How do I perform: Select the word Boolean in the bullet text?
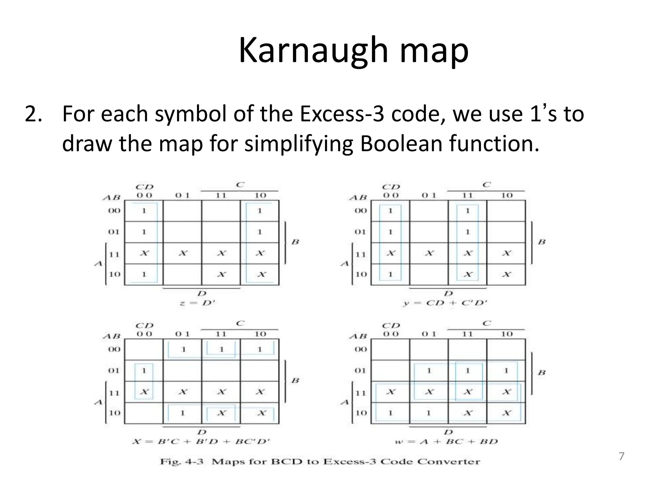point(401,143)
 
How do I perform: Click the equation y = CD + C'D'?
point(445,303)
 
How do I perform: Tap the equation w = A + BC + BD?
point(446,441)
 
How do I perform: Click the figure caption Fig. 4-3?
point(182,462)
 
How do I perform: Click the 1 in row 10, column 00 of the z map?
point(144,274)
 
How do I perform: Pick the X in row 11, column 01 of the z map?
point(183,253)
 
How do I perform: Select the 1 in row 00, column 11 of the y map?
point(467,211)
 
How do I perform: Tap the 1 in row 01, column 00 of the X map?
point(144,371)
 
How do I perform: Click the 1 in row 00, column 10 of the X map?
point(260,349)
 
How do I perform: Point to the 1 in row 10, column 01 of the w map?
point(429,413)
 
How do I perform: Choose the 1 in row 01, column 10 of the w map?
point(506,371)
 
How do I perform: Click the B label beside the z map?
point(295,242)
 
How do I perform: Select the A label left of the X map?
point(99,402)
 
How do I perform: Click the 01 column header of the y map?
point(429,195)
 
